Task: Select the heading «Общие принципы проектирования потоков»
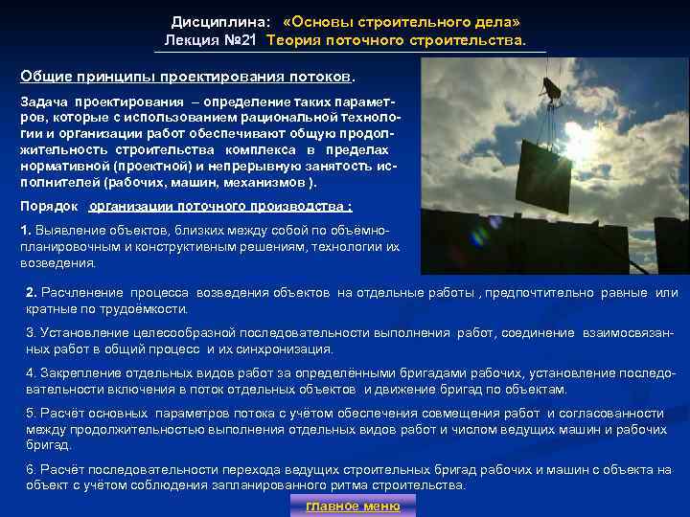click(x=187, y=77)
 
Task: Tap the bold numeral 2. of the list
click(x=32, y=292)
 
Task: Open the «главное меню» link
click(x=353, y=506)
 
